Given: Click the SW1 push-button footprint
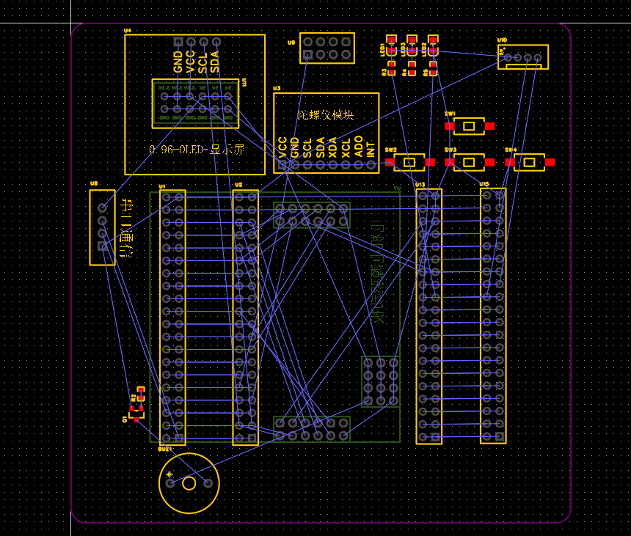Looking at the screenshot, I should [468, 126].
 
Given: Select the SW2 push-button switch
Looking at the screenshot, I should [409, 162].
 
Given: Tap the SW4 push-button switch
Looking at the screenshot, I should [529, 162].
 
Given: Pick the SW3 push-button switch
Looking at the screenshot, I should [469, 162].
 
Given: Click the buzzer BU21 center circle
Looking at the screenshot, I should [189, 482].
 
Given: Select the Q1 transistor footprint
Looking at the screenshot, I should [136, 414].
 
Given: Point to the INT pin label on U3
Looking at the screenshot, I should [371, 150].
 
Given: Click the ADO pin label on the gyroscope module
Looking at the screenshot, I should [358, 147].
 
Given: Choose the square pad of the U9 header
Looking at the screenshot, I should [307, 55].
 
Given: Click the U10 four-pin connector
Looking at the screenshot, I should [522, 57].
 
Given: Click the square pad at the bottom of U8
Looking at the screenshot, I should [102, 246].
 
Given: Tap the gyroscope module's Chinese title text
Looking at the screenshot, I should [326, 115].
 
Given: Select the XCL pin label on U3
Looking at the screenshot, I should [346, 147].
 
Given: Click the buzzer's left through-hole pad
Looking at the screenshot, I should [170, 482].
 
